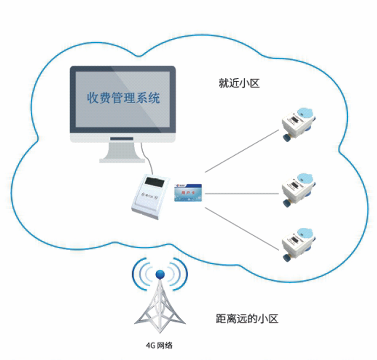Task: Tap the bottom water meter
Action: pos(299,243)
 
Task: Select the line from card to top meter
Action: pos(241,150)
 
